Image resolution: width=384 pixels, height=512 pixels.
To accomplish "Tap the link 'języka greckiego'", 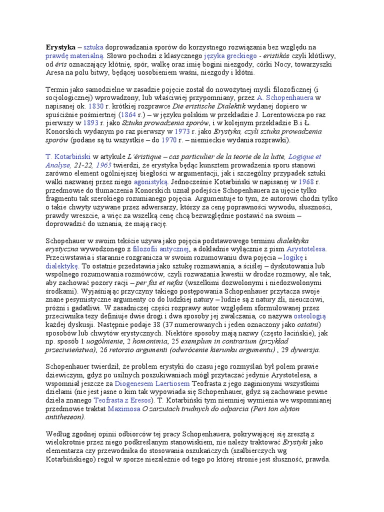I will click(230, 55).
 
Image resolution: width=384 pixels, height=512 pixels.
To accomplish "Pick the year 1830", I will click(95, 106).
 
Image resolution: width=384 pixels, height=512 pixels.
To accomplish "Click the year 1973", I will click(183, 132).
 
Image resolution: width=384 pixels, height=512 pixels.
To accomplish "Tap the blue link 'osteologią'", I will click(309, 316).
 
